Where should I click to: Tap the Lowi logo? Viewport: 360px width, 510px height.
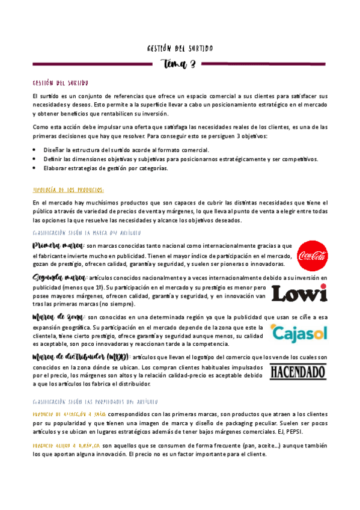coord(299,293)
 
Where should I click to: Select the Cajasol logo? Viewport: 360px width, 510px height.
coord(299,333)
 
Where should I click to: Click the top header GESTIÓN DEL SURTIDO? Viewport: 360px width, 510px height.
coord(180,48)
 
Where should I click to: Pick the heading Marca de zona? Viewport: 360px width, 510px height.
coord(58,317)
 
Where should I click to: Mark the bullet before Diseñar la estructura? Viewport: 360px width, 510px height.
coord(35,150)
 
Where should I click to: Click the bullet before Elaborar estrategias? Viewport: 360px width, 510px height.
coord(35,168)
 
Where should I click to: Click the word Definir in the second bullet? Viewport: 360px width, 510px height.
coord(55,159)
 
